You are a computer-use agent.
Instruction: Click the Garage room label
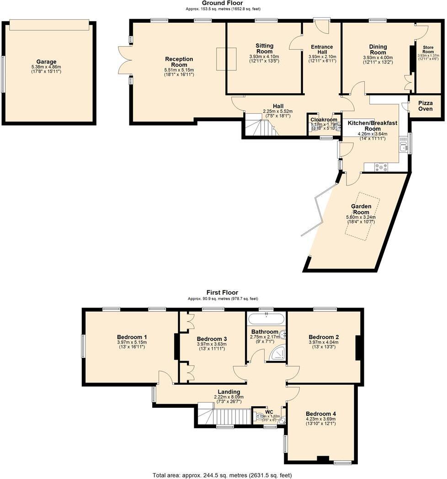(47, 62)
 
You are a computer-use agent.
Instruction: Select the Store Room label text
(428, 49)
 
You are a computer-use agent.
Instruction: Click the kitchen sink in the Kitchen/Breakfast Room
(403, 147)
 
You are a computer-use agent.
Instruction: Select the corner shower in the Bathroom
(278, 353)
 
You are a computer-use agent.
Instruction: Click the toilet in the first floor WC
(261, 416)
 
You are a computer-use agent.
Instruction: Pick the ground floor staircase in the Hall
(260, 125)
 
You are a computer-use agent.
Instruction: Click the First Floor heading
(222, 293)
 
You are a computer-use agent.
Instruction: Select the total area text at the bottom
(222, 475)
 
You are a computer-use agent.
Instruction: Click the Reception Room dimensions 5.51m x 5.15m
(179, 70)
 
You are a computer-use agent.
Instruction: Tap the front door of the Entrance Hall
(322, 25)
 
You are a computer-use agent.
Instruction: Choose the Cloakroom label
(324, 120)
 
